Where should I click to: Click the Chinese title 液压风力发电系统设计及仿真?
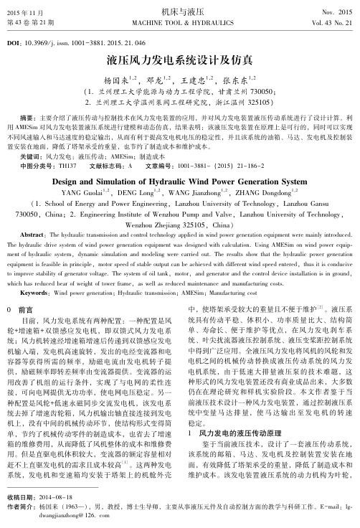[x=179, y=60]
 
